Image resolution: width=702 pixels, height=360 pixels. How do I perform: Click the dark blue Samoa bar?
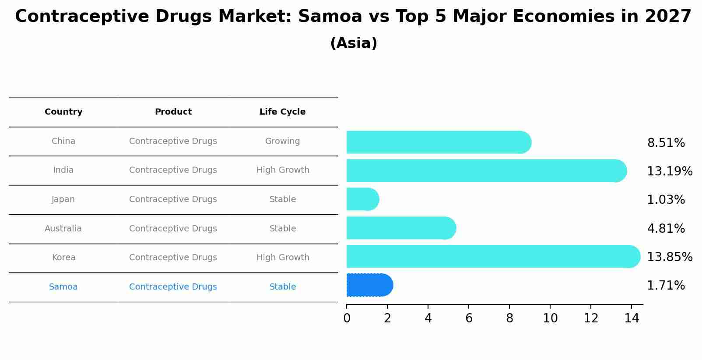point(369,285)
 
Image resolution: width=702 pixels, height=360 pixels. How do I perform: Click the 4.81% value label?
point(666,228)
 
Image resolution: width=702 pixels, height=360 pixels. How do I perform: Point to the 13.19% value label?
point(669,171)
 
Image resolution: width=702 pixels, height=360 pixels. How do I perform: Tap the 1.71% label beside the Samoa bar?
point(666,286)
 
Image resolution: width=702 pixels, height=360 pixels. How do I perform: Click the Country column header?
point(63,112)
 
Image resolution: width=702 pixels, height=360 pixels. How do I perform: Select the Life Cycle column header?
point(282,112)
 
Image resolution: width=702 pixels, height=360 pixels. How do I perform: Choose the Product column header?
point(173,112)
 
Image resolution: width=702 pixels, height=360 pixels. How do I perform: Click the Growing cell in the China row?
point(282,141)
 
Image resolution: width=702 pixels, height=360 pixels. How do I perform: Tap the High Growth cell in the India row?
point(282,170)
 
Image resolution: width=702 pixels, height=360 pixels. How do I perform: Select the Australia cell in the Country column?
point(63,229)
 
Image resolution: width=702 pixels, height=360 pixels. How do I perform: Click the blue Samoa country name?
point(63,287)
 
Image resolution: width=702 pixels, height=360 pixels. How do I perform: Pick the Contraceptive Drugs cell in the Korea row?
point(173,258)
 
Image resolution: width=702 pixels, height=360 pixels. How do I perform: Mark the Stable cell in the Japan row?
point(282,199)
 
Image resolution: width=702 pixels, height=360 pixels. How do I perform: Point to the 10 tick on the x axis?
point(550,318)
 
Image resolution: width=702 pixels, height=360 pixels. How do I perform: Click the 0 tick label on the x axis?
point(347,318)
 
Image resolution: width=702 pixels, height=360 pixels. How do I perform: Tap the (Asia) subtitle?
point(354,43)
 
